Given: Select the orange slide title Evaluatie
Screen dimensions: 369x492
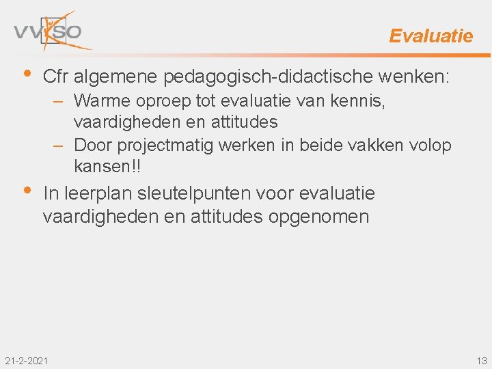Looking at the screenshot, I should tap(430, 36).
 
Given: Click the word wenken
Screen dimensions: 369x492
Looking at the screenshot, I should tap(419, 77).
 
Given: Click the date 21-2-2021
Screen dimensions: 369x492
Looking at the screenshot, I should tap(26, 361).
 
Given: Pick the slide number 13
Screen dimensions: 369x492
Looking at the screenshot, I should tap(482, 361).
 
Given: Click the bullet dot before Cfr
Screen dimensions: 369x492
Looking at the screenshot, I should tap(26, 73).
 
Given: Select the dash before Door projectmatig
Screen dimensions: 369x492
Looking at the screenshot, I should tap(61, 146).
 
